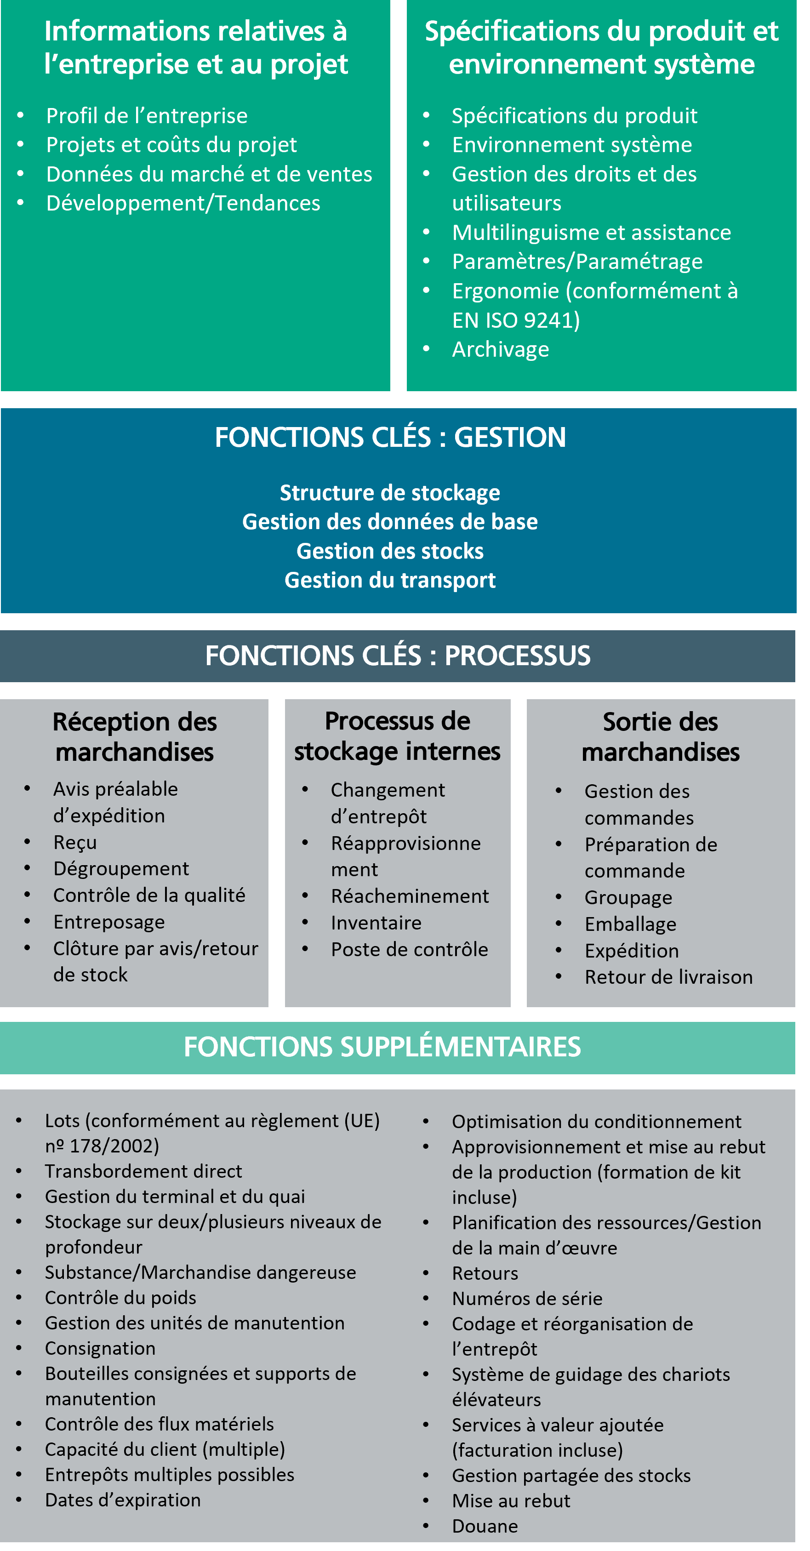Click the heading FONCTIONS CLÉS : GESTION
click(390, 437)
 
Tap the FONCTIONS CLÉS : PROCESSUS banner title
click(398, 656)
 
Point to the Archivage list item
click(501, 349)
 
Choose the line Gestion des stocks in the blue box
click(390, 551)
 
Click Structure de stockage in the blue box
click(390, 492)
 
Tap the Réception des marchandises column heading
click(134, 737)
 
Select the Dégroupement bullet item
click(121, 868)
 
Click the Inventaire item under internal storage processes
click(376, 923)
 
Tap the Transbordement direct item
click(143, 1171)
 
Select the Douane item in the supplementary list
click(485, 1526)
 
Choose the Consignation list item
click(100, 1348)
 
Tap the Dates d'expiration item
click(123, 1500)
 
